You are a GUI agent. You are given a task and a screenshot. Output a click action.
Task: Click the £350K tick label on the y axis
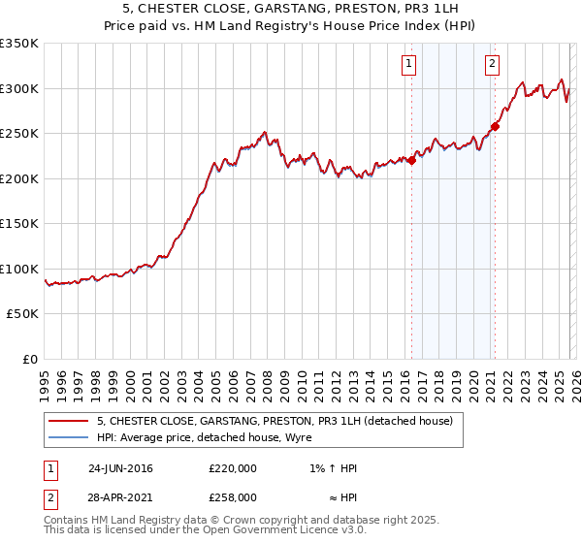coord(19,44)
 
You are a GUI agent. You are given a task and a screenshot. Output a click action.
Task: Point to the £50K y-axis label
coord(22,314)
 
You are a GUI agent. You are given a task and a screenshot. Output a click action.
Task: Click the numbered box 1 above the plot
coord(409,65)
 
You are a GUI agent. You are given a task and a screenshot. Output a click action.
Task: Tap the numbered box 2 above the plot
coord(492,65)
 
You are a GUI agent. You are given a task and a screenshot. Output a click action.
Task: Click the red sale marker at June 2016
coord(411,161)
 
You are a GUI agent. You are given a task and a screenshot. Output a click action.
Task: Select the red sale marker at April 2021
coord(495,126)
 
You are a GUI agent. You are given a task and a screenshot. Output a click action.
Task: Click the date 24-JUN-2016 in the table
coord(120,468)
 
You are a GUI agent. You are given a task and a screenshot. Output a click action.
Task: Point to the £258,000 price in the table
coord(233,495)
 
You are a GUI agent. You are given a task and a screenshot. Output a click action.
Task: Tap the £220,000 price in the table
coord(233,468)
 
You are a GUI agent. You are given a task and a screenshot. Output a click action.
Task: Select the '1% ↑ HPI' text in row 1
coord(333,468)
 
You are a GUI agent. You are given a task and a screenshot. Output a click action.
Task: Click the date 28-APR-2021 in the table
coord(120,495)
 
